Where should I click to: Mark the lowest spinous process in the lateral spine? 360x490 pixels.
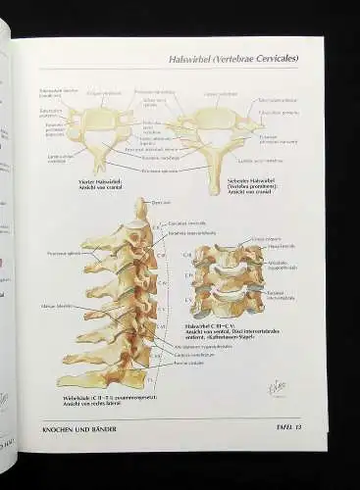74,377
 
